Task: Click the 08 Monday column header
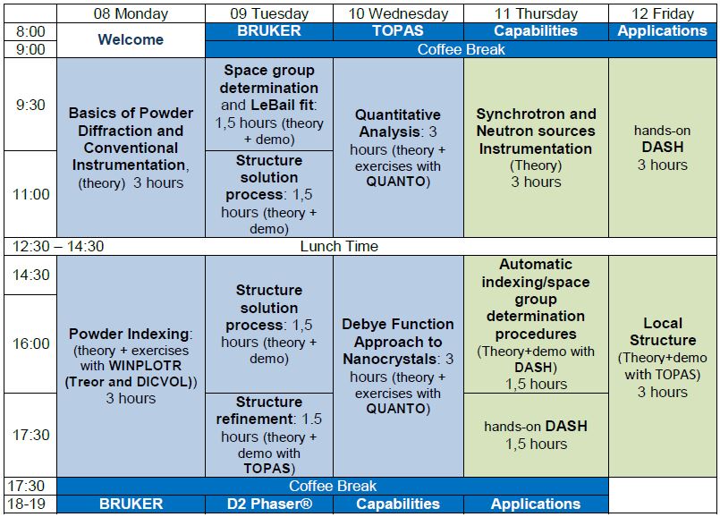pyautogui.click(x=131, y=13)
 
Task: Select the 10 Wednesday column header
pyautogui.click(x=398, y=13)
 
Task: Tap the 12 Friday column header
pyautogui.click(x=663, y=13)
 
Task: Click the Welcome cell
pyautogui.click(x=131, y=39)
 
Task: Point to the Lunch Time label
pyautogui.click(x=339, y=246)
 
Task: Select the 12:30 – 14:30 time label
pyautogui.click(x=58, y=246)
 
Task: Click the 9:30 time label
pyautogui.click(x=30, y=105)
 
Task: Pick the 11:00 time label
pyautogui.click(x=30, y=194)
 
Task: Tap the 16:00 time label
pyautogui.click(x=30, y=343)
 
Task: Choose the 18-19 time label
pyautogui.click(x=27, y=504)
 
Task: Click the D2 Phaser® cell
pyautogui.click(x=269, y=504)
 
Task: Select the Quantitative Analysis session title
pyautogui.click(x=398, y=123)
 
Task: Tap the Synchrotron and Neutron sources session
pyautogui.click(x=536, y=131)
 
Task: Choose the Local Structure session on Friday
pyautogui.click(x=663, y=332)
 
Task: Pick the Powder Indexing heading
pyautogui.click(x=129, y=334)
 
